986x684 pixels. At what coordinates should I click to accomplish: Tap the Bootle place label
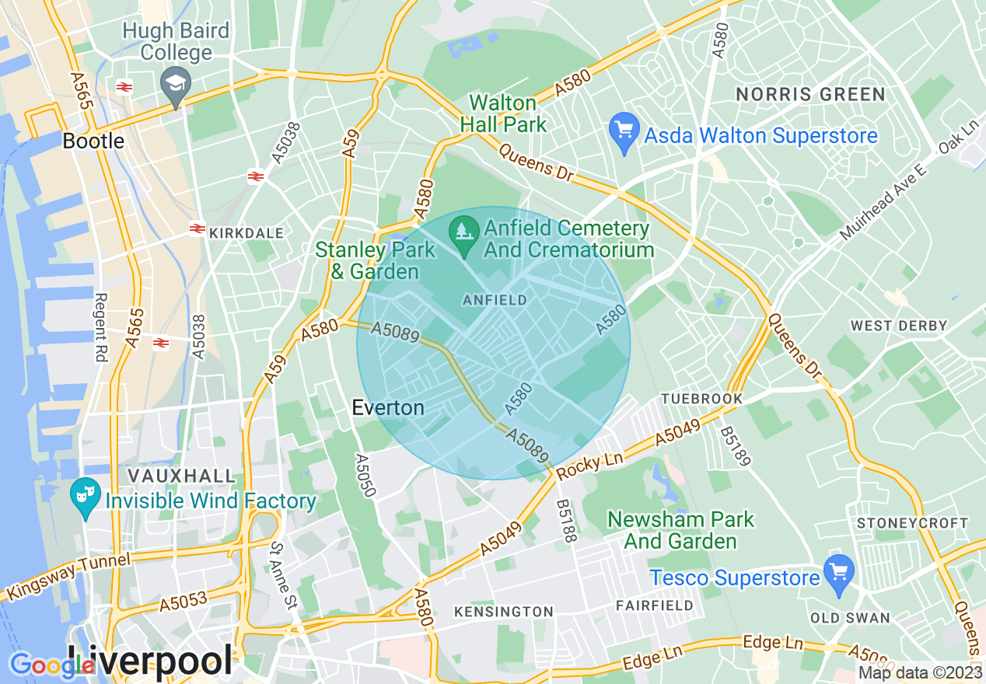[x=93, y=141]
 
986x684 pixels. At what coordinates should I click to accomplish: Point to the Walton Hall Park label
[x=503, y=113]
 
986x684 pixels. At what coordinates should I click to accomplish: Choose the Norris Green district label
[x=810, y=95]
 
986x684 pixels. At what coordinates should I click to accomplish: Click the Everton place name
[x=388, y=407]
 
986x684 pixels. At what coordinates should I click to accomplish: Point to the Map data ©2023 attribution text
[x=919, y=672]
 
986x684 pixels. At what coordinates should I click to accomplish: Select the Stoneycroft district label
[x=911, y=523]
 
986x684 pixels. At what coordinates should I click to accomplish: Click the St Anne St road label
[x=283, y=576]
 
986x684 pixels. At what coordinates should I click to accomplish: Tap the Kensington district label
[x=503, y=612]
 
